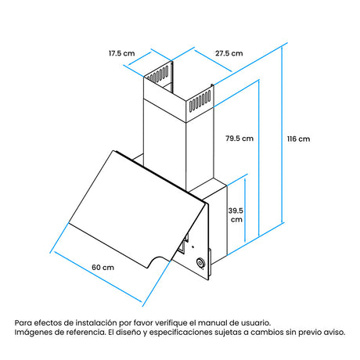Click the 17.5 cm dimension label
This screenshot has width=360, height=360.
tap(122, 53)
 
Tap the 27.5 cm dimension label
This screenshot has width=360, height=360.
tap(229, 53)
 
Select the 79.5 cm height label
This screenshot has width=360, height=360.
tap(239, 139)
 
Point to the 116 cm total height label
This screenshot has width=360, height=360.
tap(299, 139)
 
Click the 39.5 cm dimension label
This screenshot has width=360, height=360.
tap(236, 215)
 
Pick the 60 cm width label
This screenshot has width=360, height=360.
tap(103, 268)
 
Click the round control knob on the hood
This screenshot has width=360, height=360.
tap(200, 263)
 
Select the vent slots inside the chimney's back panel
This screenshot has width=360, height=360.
tap(157, 74)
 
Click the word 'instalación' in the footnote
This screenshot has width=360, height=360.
tap(96, 322)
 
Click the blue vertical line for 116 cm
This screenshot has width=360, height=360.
tap(283, 135)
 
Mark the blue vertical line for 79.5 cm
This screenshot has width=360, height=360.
tap(259, 158)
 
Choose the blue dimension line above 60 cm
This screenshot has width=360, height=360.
tap(97, 277)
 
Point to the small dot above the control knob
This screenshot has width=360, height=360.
tap(193, 247)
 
